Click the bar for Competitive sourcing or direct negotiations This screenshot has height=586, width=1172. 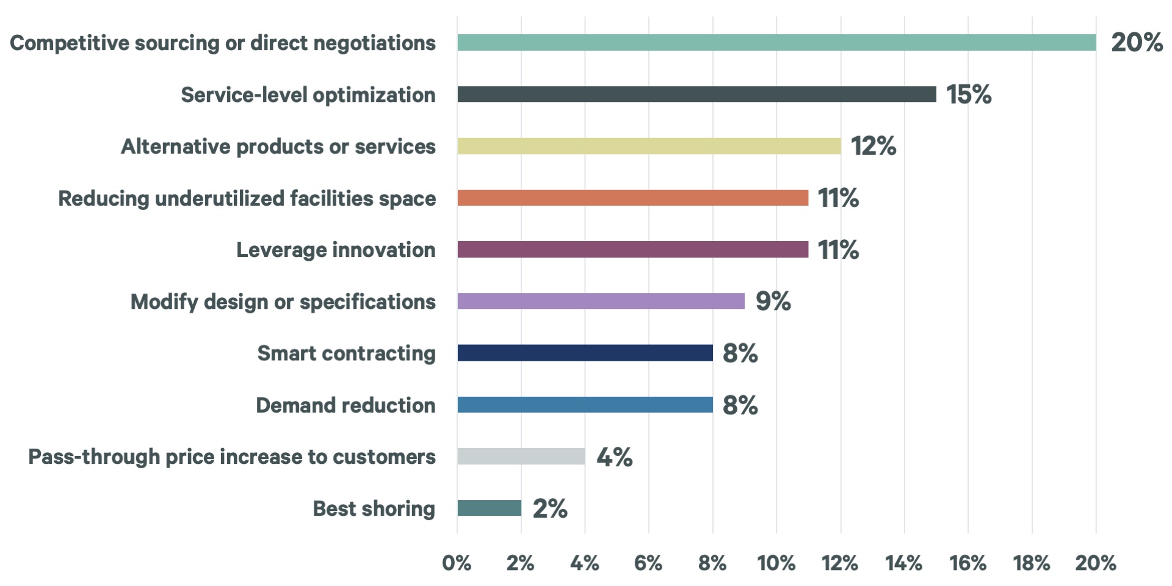776,43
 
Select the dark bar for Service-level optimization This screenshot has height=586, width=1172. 696,94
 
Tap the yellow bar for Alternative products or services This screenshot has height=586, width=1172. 649,146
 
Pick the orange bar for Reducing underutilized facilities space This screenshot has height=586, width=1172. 632,198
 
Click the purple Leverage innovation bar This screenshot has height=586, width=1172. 632,250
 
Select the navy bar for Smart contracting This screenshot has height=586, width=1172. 585,353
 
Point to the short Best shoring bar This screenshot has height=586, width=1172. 490,508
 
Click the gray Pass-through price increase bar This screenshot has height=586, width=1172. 521,457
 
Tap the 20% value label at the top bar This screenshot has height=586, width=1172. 1137,43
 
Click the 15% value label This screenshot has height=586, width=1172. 969,95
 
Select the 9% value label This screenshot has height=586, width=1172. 773,301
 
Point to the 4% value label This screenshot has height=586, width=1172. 614,457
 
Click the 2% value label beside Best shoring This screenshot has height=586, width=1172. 550,508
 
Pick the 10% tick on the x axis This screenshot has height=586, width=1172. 776,563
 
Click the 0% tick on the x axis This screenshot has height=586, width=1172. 457,563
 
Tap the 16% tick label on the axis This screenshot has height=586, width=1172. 968,563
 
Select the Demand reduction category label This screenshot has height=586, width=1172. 345,405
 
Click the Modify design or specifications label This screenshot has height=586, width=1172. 283,302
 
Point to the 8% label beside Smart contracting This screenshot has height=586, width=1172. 740,353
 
